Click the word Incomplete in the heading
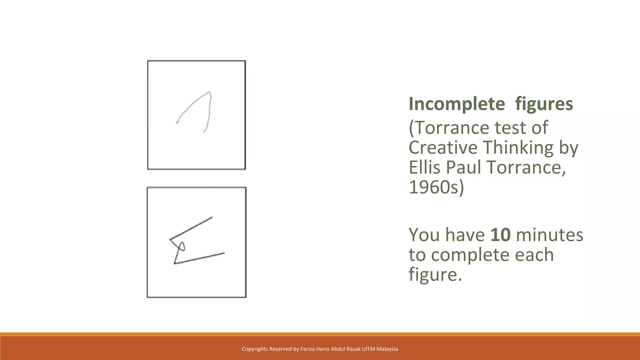pyautogui.click(x=457, y=104)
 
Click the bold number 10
pyautogui.click(x=500, y=235)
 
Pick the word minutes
pyautogui.click(x=549, y=235)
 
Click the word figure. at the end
pyautogui.click(x=435, y=274)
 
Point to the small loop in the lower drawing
pyautogui.click(x=182, y=246)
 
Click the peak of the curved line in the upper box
pyautogui.click(x=209, y=92)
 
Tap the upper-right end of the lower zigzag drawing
pyautogui.click(x=212, y=217)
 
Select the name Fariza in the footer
pyautogui.click(x=307, y=349)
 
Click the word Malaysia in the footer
pyautogui.click(x=387, y=349)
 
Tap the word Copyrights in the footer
pyautogui.click(x=254, y=349)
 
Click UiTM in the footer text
pyautogui.click(x=368, y=349)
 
